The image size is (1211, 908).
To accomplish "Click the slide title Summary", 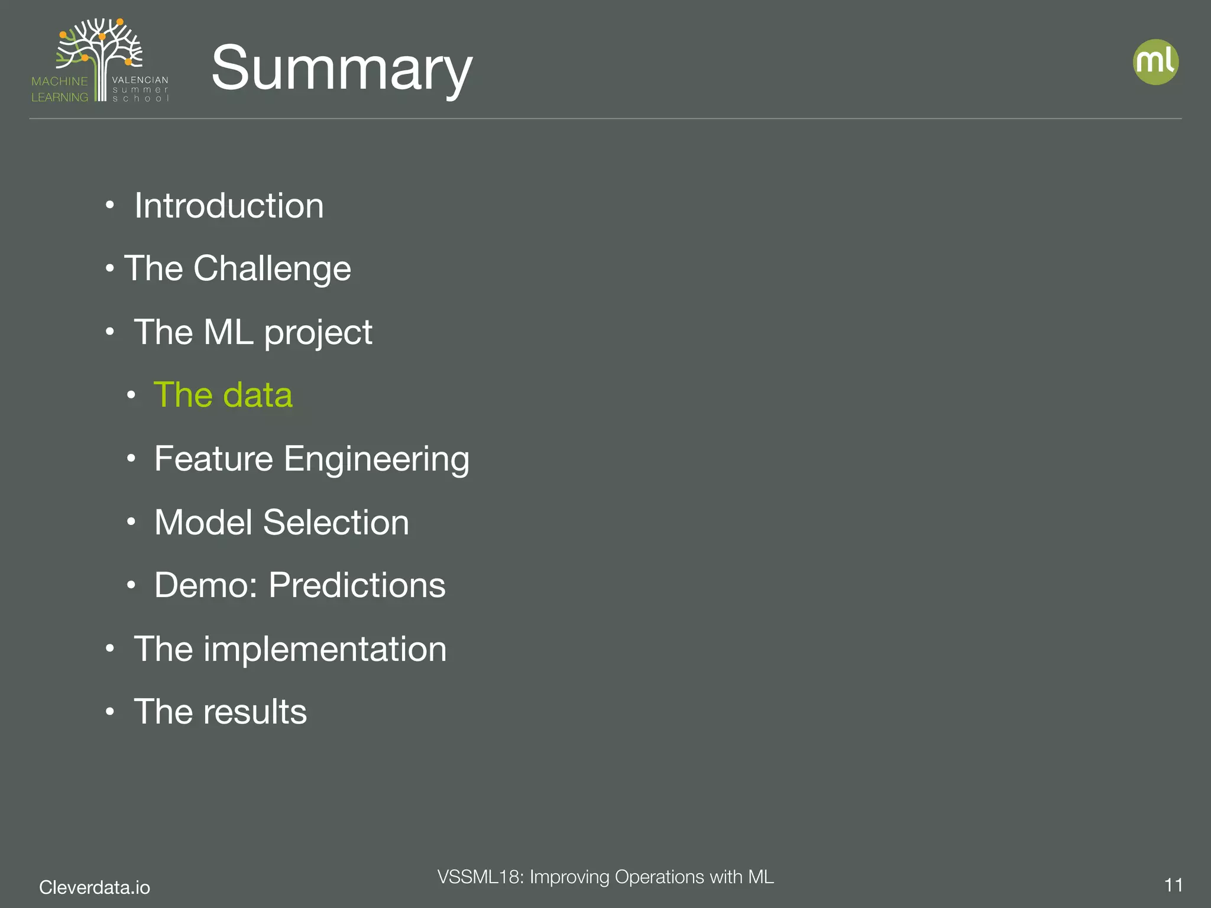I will pos(342,68).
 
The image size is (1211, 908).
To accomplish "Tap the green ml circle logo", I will pos(1155,62).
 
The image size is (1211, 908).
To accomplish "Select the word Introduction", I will pos(229,206).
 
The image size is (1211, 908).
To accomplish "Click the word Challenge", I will pos(272,269).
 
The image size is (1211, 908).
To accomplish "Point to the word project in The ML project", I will pos(318,333).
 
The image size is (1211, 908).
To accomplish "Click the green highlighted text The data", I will pos(223,395).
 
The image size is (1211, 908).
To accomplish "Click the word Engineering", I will pos(377,460).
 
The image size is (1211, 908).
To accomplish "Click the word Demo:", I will pos(206,585).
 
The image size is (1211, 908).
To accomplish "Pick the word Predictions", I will pos(357,585).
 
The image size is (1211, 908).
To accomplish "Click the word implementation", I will pos(325,649).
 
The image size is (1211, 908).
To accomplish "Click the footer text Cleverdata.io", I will pos(95,887).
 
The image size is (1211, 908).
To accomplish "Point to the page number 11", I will pos(1173,886).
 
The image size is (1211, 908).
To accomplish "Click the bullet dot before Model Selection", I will pos(131,522).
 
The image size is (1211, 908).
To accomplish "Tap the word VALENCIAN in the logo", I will pos(140,80).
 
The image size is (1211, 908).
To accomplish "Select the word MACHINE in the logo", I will pos(60,81).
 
